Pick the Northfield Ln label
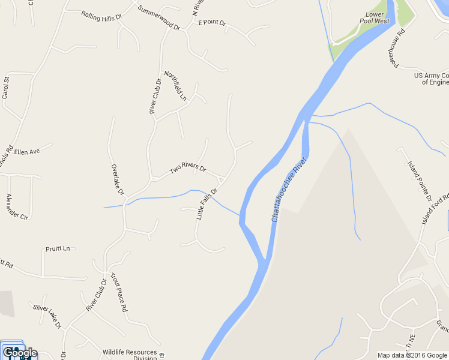pos(179,85)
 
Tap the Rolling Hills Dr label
pos(101,16)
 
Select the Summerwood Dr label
pos(159,19)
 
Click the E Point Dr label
pos(212,23)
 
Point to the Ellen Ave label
pos(26,152)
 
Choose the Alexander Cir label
pos(17,206)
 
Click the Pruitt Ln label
pos(58,248)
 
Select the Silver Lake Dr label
pos(47,316)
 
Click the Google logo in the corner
pos(19,353)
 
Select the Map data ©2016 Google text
pos(412,355)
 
